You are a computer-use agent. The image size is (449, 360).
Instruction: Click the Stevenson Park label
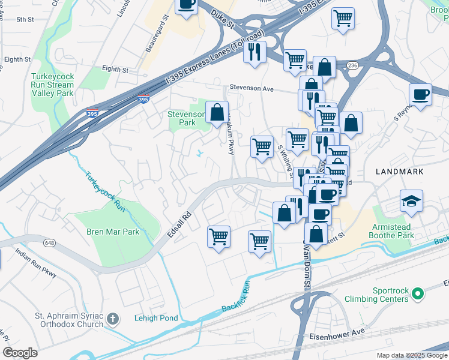click(182, 118)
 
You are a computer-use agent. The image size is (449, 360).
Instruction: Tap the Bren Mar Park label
click(113, 232)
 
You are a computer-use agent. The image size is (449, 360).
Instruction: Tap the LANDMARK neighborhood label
click(399, 172)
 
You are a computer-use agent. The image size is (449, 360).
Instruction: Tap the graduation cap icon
click(412, 202)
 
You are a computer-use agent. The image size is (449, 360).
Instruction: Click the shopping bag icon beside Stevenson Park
click(217, 112)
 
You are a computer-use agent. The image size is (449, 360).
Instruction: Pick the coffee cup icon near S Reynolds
click(420, 95)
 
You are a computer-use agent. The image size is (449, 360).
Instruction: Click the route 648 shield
click(48, 243)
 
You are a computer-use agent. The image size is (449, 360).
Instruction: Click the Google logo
click(19, 352)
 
